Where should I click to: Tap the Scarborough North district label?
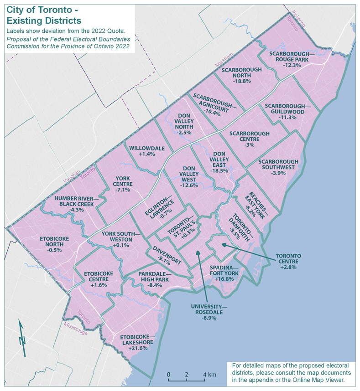point(241,75)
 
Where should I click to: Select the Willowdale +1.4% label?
point(142,151)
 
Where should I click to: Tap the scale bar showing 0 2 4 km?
point(187,376)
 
